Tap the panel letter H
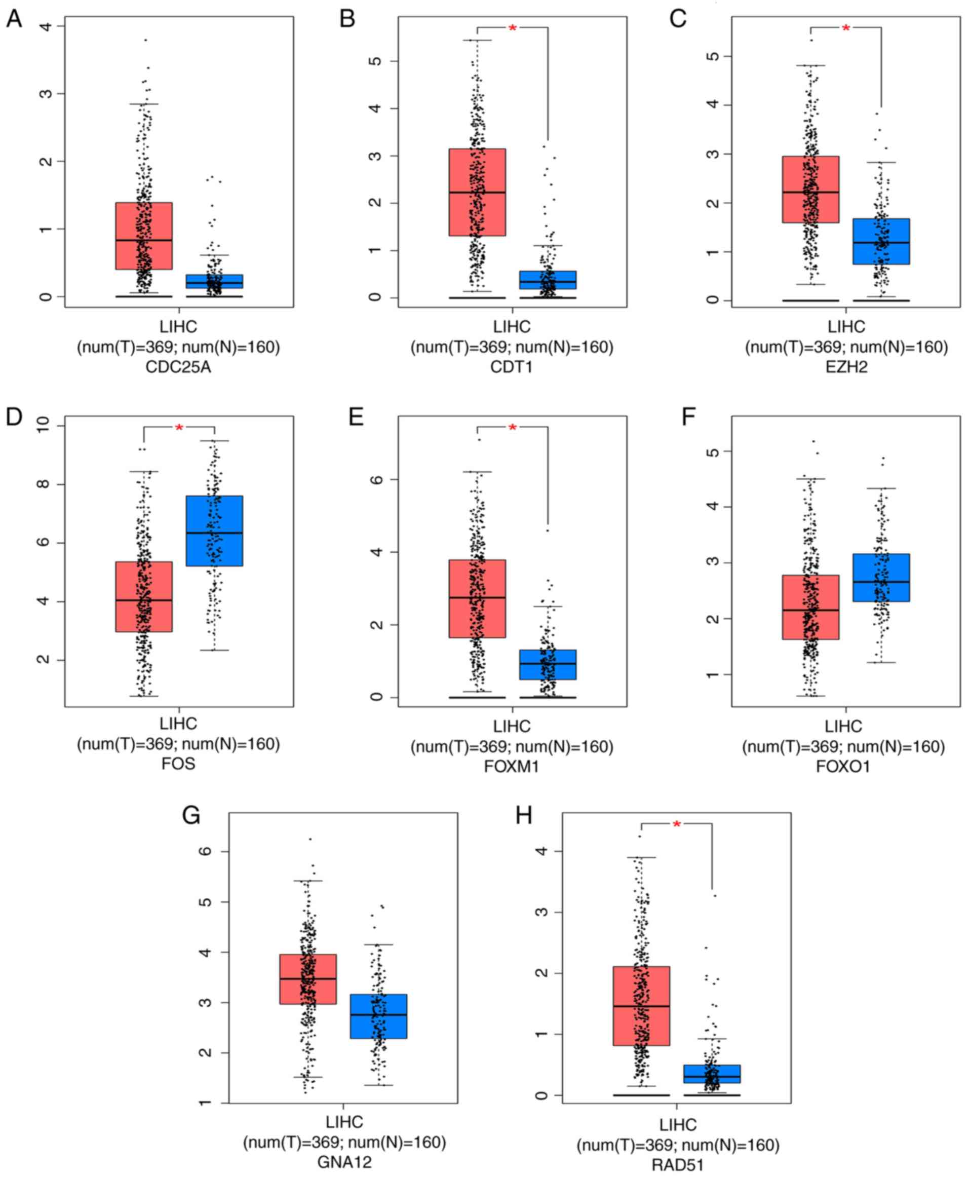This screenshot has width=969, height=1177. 524,816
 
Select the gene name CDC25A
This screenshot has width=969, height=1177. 178,367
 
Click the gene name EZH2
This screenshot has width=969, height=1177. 846,367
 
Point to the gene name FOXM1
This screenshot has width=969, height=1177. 511,766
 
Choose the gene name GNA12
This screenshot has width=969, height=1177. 344,1162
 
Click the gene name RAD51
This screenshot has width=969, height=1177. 678,1165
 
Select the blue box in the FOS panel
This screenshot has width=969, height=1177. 214,530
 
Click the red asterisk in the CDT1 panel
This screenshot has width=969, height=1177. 513,28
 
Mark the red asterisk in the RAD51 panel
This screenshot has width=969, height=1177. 677,825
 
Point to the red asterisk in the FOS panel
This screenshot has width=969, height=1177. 179,428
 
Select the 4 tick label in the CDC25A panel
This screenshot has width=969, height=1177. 45,26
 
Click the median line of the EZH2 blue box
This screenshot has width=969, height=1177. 881,243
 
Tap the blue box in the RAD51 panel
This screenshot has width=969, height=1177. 712,1074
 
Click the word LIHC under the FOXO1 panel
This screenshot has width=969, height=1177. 843,726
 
